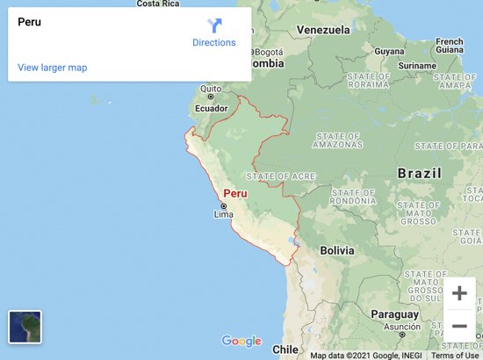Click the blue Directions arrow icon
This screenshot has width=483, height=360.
[x=215, y=25]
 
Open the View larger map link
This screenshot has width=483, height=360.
[x=52, y=68]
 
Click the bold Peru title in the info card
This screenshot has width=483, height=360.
[x=29, y=22]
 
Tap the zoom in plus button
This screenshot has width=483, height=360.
[x=458, y=293]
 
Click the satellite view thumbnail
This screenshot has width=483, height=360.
[x=25, y=327]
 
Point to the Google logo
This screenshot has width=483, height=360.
[x=241, y=342]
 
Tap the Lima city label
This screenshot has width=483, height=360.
[x=223, y=213]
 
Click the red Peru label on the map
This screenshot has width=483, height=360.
[x=234, y=193]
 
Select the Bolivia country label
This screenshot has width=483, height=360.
[x=336, y=250]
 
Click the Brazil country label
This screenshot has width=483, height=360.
[x=419, y=174]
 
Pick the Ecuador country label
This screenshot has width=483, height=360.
[x=211, y=109]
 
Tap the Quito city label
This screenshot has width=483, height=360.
[x=211, y=89]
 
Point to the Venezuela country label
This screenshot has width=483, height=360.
[x=323, y=30]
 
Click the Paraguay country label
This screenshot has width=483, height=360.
[x=394, y=313]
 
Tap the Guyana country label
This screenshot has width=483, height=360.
[x=390, y=51]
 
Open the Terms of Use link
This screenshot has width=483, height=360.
[x=455, y=356]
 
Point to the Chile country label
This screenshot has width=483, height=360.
[x=285, y=349]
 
